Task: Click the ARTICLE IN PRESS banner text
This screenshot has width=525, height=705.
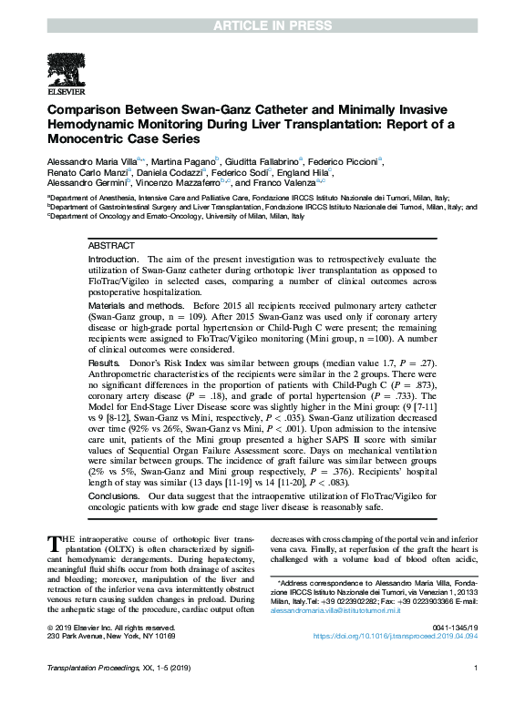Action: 262,10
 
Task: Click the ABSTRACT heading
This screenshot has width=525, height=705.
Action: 112,246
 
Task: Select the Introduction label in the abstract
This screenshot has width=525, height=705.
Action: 114,260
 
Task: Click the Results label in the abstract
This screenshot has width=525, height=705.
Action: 104,363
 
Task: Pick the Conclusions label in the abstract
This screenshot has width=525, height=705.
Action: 113,496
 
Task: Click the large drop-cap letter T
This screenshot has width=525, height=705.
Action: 54,546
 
